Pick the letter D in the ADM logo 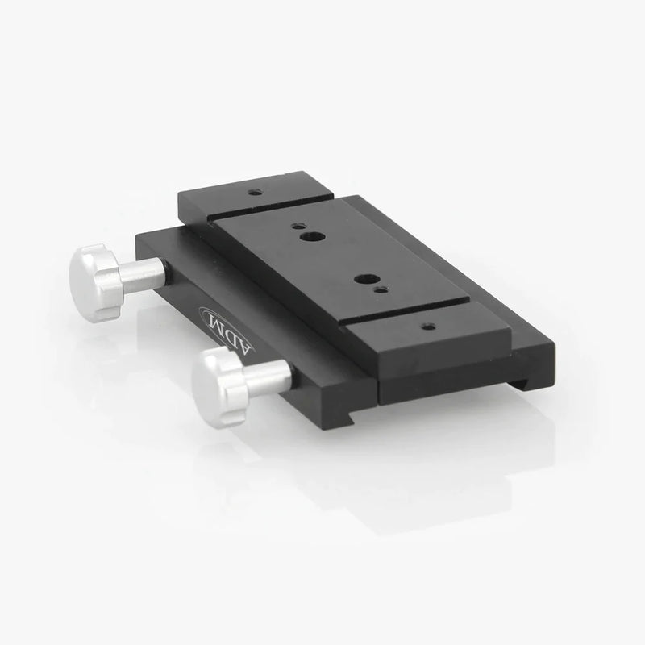228,333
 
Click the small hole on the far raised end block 256,192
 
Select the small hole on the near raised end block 429,327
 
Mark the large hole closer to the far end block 312,237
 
